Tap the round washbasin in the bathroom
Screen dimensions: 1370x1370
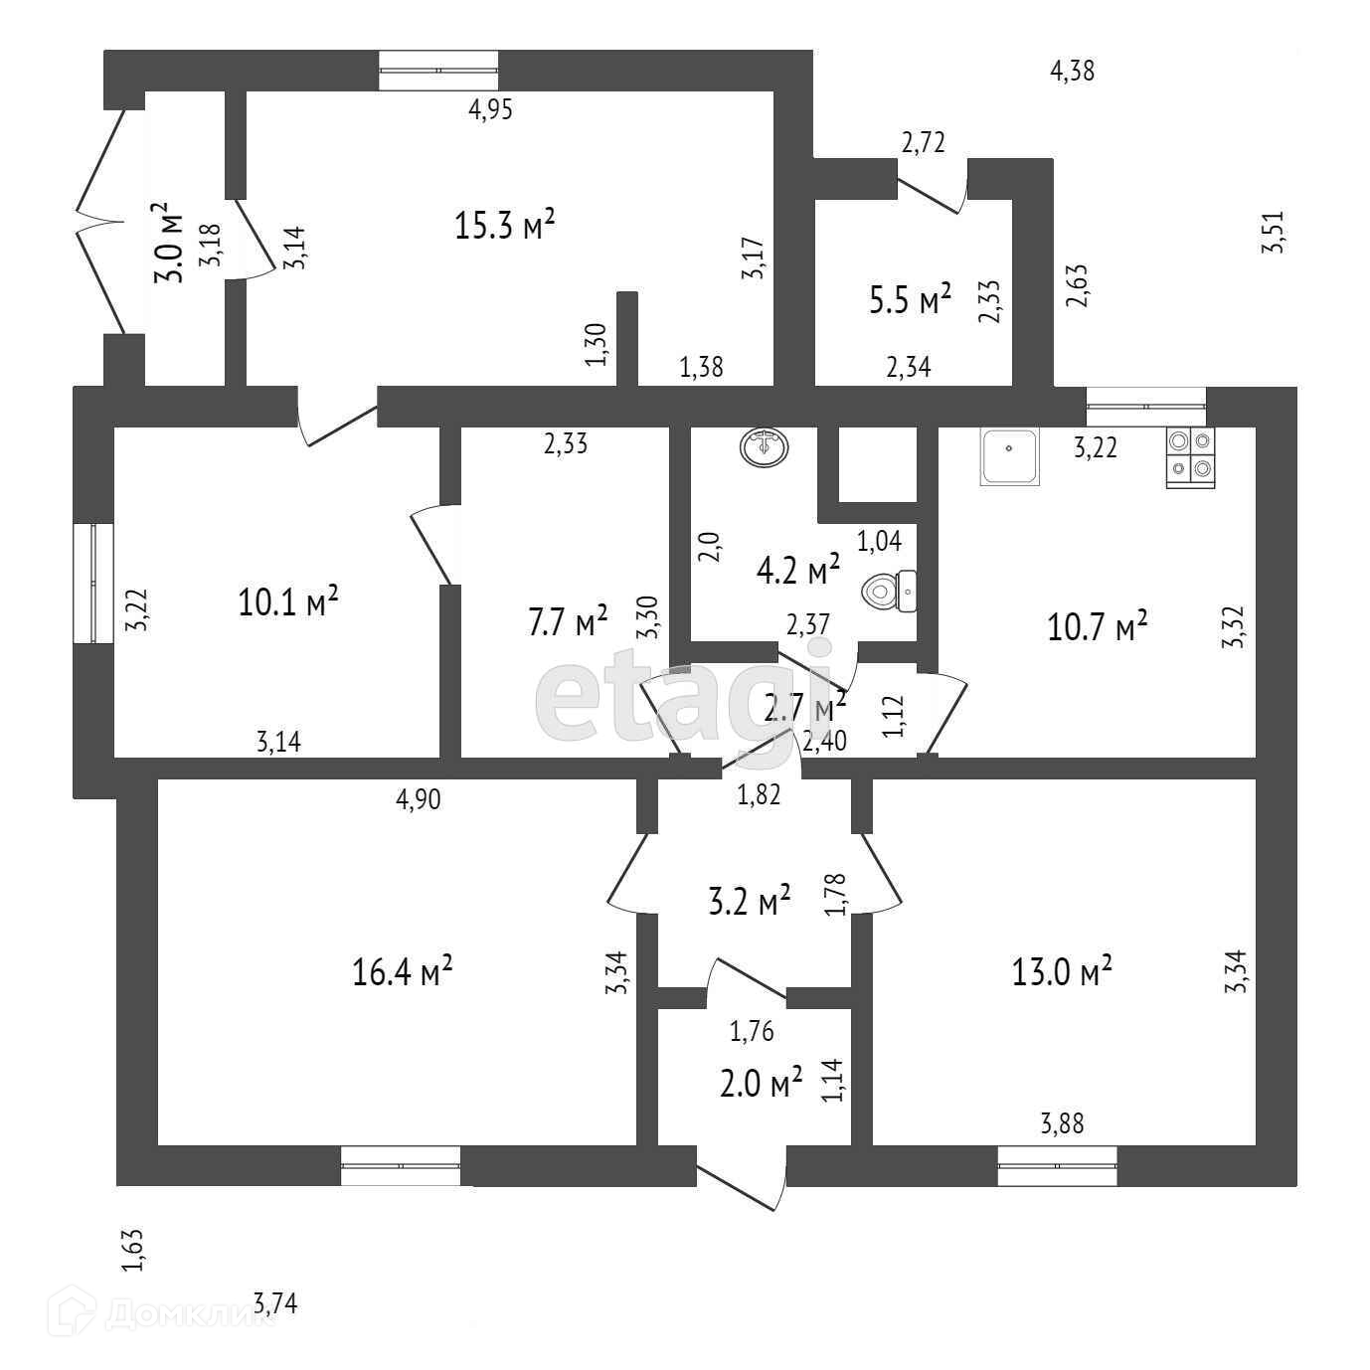click(x=764, y=446)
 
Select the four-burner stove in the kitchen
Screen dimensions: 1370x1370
click(x=1190, y=457)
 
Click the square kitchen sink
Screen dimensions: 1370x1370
click(x=1010, y=457)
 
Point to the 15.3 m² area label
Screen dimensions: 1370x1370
click(x=504, y=226)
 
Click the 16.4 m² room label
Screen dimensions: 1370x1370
click(x=403, y=970)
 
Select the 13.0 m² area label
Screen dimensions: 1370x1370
click(x=1062, y=970)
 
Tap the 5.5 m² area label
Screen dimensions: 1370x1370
click(x=911, y=300)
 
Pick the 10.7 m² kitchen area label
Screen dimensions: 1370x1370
click(x=1098, y=627)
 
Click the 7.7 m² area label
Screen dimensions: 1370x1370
click(x=568, y=623)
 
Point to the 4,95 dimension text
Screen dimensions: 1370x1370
click(x=490, y=110)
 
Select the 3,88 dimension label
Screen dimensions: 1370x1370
click(x=1062, y=1124)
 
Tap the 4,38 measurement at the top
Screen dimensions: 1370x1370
click(x=1073, y=71)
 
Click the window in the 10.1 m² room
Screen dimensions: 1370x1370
click(x=93, y=584)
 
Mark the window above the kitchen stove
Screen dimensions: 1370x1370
click(x=1145, y=406)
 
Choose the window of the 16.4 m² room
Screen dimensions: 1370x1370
click(x=401, y=1165)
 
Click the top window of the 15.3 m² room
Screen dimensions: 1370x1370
click(x=438, y=71)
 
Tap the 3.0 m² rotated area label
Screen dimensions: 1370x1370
click(x=167, y=244)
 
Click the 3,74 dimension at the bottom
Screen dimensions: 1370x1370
click(x=275, y=1303)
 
